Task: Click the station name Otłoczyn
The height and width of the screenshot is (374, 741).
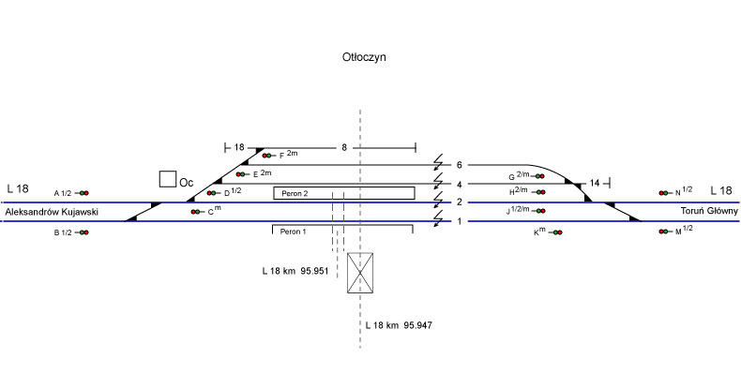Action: (x=364, y=57)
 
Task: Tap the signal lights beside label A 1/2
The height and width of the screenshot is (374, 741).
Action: (x=83, y=193)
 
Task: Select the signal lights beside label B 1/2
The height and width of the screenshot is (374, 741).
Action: (x=83, y=232)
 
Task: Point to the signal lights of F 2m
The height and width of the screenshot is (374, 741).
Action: (x=268, y=156)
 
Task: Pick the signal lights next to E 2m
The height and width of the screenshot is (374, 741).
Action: (x=241, y=174)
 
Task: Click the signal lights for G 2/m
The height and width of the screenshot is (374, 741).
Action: (x=539, y=176)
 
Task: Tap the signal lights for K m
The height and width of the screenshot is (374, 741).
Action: (x=557, y=232)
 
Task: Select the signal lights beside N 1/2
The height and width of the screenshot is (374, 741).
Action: (x=664, y=193)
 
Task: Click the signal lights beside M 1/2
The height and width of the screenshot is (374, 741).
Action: (x=664, y=232)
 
